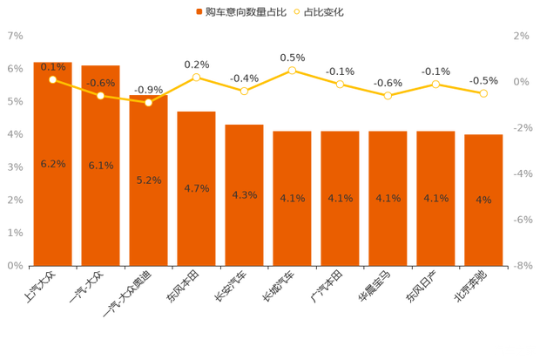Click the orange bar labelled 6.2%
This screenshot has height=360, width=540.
click(52, 174)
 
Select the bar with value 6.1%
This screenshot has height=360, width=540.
click(100, 174)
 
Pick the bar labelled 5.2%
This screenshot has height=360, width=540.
click(148, 192)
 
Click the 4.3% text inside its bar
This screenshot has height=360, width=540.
click(244, 194)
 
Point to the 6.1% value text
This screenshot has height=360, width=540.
click(100, 166)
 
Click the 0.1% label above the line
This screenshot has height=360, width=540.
click(53, 66)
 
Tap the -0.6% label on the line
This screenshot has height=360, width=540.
click(100, 84)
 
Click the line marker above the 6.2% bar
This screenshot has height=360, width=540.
click(53, 79)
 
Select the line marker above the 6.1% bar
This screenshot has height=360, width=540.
click(100, 95)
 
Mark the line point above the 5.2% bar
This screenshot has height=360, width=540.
click(148, 102)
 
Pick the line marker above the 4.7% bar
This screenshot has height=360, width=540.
click(196, 78)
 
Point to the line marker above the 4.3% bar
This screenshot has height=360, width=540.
click(245, 91)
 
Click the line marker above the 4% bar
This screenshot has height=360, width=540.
click(483, 93)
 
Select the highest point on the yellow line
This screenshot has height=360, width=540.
click(293, 70)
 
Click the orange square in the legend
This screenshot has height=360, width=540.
click(199, 12)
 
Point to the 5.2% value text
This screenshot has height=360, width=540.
click(148, 180)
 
